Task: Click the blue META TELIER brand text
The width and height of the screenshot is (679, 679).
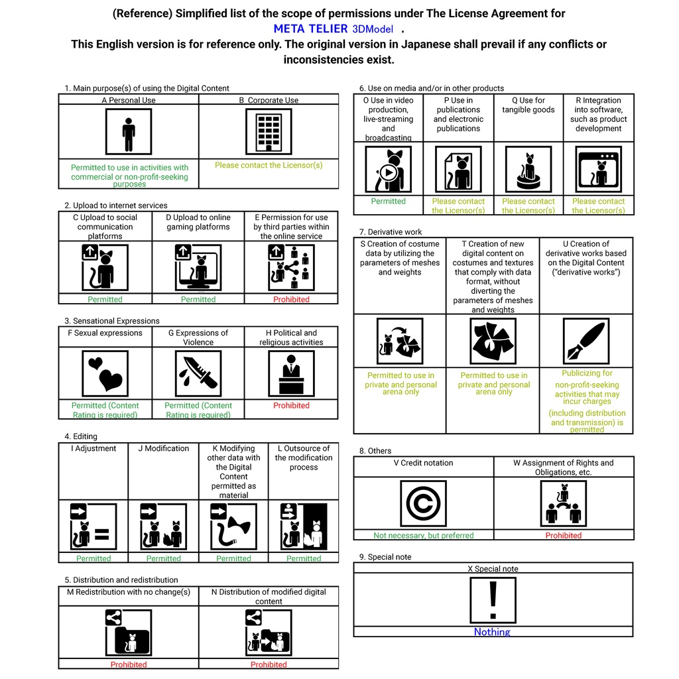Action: (310, 29)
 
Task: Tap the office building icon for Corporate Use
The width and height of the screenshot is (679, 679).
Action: (269, 131)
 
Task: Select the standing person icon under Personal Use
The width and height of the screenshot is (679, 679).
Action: (129, 131)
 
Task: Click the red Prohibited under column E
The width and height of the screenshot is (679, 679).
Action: (291, 299)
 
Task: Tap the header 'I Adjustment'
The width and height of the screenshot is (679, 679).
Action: (93, 449)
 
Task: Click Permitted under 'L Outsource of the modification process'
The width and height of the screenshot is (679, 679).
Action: (304, 558)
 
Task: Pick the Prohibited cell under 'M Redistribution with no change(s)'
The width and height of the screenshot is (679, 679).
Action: (129, 664)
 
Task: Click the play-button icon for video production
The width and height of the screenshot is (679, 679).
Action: (389, 170)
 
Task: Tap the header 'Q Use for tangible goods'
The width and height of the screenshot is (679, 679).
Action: (528, 105)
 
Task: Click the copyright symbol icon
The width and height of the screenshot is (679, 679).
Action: (423, 504)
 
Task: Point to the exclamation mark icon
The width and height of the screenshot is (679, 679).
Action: (493, 599)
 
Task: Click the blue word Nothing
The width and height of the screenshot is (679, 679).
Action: (492, 632)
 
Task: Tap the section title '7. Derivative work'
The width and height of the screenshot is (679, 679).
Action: (391, 232)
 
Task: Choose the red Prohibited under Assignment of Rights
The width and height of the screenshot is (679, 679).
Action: (563, 535)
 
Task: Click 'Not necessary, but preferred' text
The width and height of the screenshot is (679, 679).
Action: (423, 535)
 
